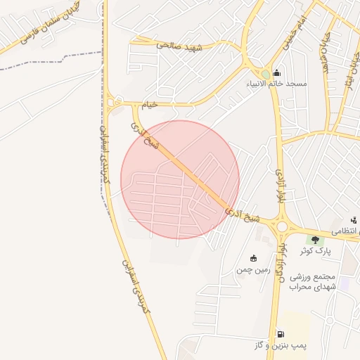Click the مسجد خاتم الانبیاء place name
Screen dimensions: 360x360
pos(276,84)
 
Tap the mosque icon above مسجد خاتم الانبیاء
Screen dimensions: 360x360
pos(276,72)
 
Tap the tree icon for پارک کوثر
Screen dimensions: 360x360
pos(315,240)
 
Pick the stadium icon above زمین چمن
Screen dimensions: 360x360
pos(253,258)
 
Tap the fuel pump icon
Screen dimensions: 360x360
pos(281,335)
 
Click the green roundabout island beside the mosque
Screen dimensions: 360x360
pos(265,74)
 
